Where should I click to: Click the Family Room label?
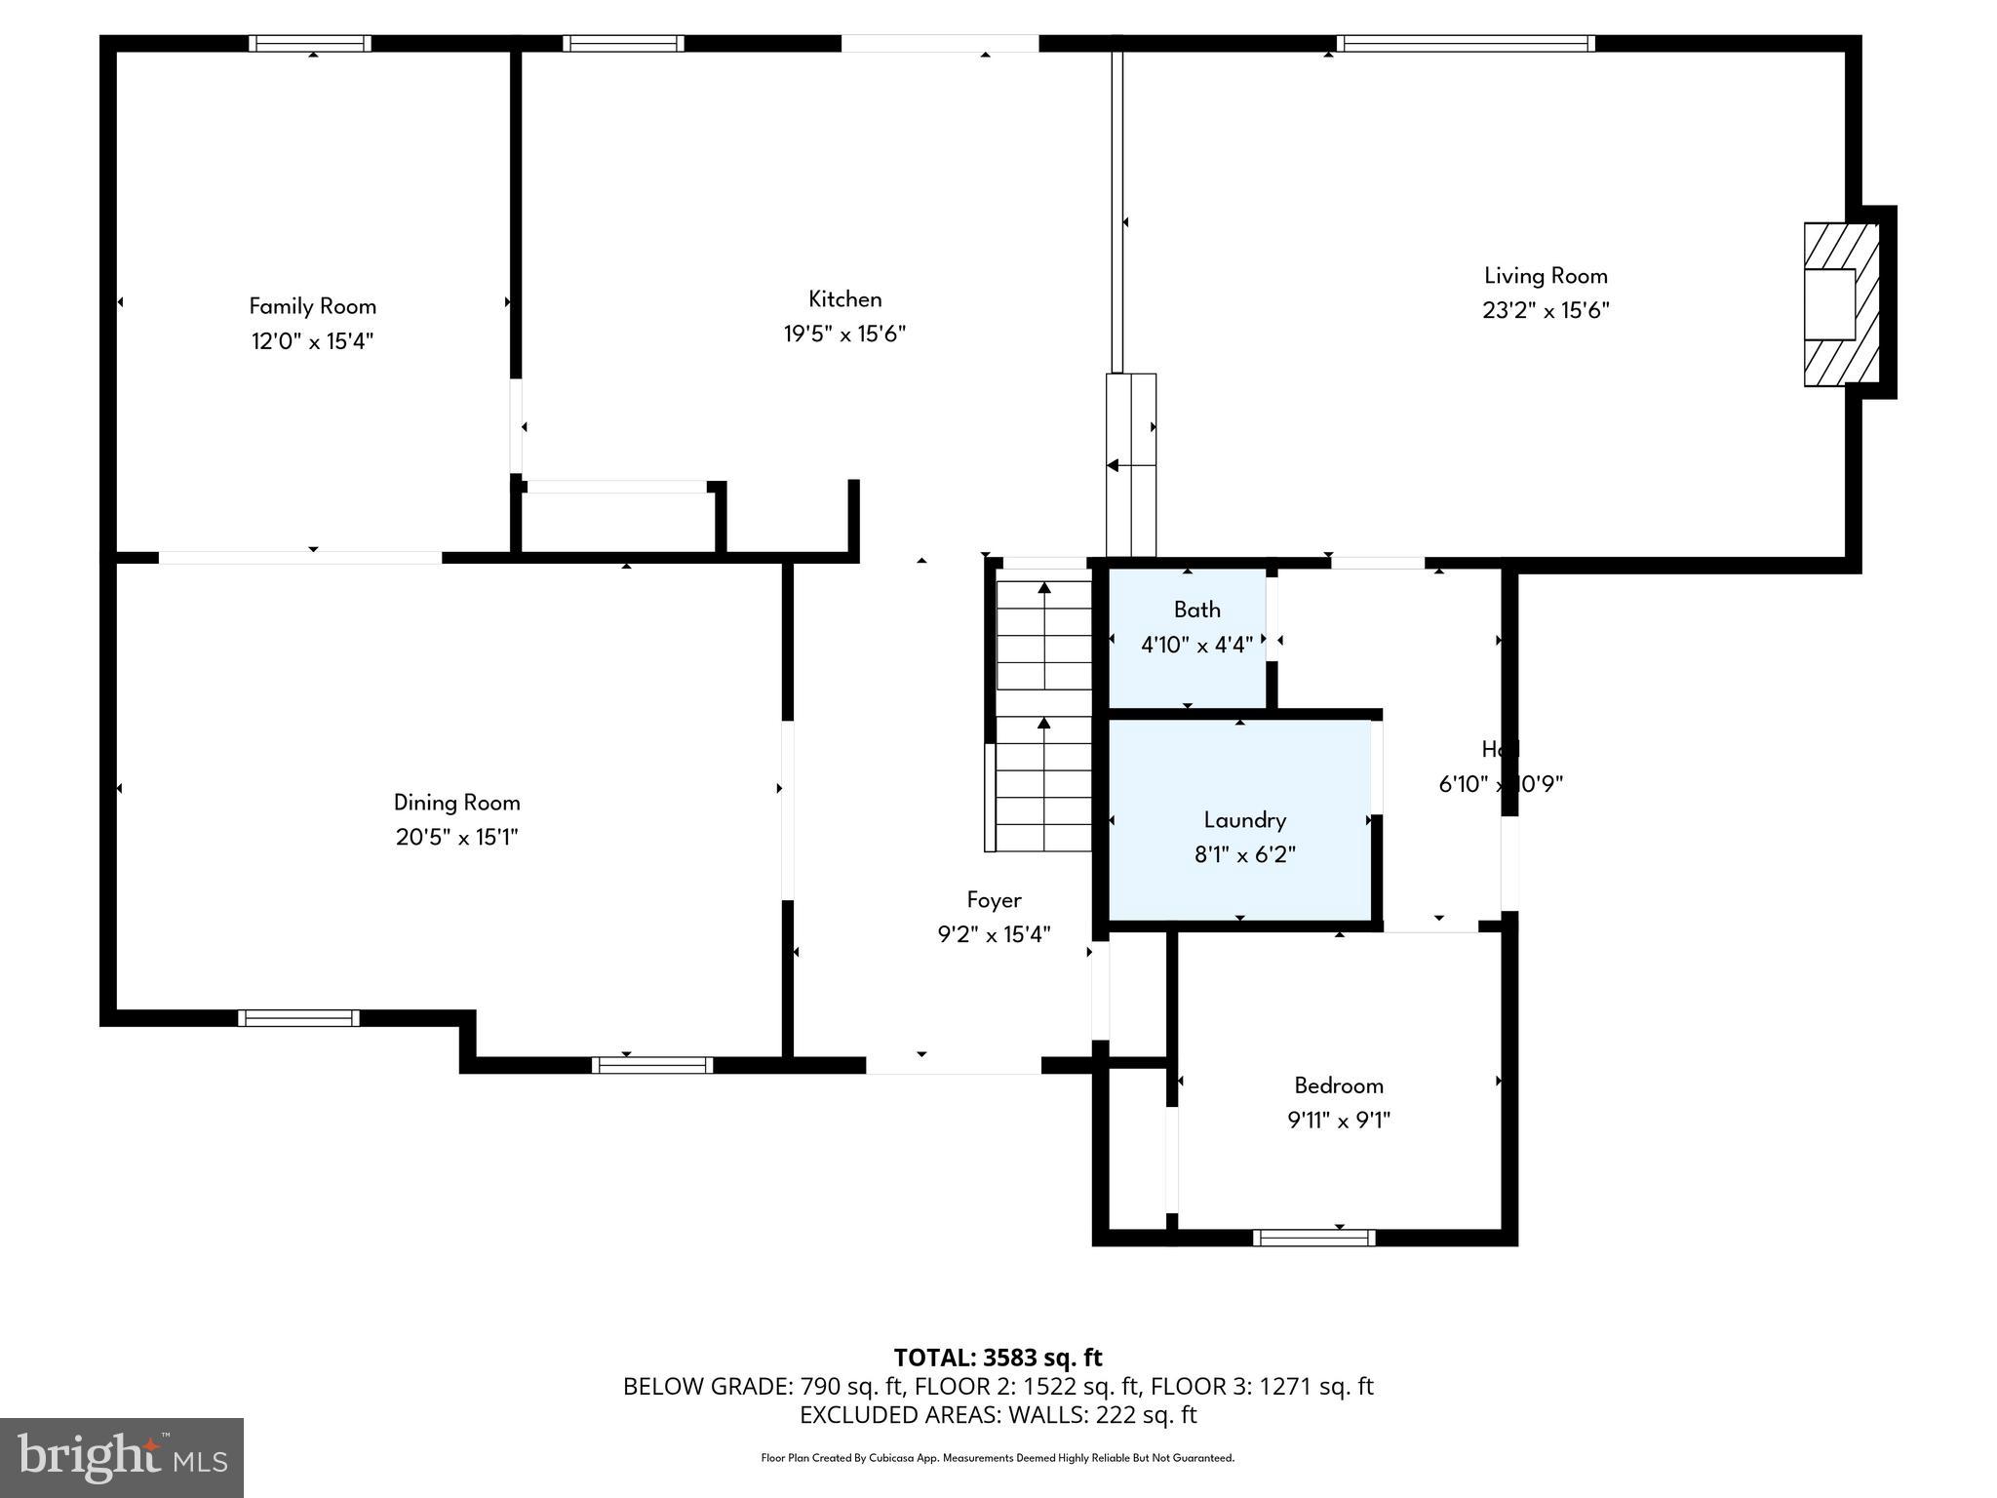(312, 306)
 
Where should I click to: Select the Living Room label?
(1546, 276)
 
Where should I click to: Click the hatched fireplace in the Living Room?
(1840, 304)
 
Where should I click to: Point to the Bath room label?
(1196, 610)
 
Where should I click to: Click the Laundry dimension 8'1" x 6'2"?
(1244, 855)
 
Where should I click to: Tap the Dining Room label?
(456, 803)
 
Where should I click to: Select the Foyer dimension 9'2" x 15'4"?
(994, 935)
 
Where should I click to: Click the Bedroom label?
(1338, 1085)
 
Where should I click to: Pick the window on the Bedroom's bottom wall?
(1313, 1238)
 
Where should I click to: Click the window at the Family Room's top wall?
(309, 43)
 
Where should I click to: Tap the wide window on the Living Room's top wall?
(1465, 43)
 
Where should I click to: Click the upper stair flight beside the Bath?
(1043, 634)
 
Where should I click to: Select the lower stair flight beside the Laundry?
(1041, 785)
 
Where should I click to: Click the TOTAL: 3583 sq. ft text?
(998, 1358)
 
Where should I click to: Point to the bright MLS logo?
(122, 1458)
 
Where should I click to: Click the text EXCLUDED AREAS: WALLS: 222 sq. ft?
(998, 1415)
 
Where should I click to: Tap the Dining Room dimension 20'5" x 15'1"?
(456, 838)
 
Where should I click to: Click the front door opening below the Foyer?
(953, 1066)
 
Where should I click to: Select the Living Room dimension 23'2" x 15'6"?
(1546, 311)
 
